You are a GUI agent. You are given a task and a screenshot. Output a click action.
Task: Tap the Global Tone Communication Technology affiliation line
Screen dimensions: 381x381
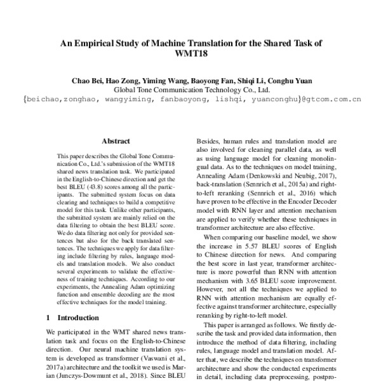click(x=191, y=90)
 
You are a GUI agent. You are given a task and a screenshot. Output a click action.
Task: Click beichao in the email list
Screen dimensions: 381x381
click(x=44, y=100)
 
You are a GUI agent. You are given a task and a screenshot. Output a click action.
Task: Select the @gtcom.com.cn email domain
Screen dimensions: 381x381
click(x=331, y=100)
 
